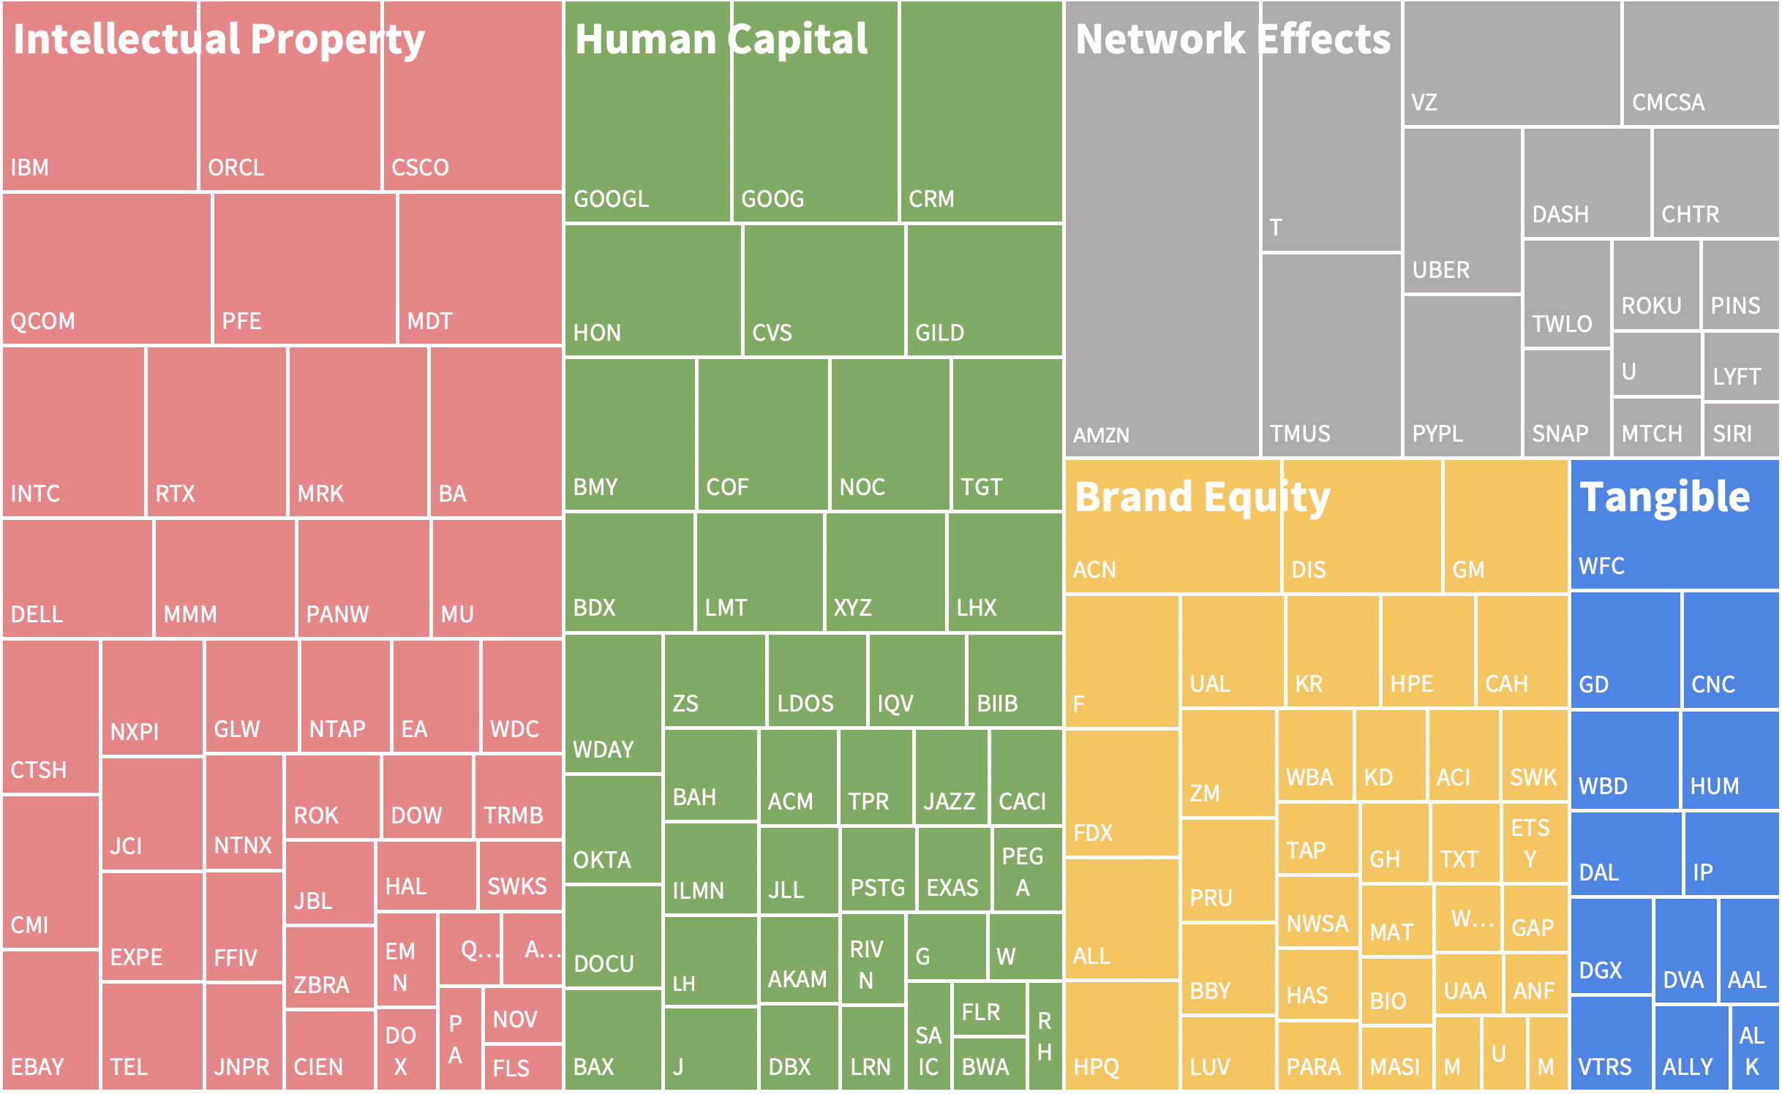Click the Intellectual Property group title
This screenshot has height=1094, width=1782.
(x=219, y=39)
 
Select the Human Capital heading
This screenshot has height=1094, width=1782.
(x=721, y=39)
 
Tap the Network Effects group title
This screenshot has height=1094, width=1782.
(x=1233, y=39)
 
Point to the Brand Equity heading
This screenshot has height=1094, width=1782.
(x=1202, y=498)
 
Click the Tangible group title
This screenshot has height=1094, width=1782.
(x=1664, y=498)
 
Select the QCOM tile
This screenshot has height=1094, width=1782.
(x=107, y=269)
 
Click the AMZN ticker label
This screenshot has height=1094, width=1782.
(x=1101, y=436)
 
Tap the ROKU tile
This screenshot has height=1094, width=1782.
(x=1655, y=285)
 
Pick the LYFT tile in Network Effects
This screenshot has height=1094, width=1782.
(x=1740, y=366)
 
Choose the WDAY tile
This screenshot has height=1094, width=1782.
(x=613, y=703)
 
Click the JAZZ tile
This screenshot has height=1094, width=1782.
(x=950, y=777)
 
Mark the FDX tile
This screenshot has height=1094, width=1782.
(x=1121, y=793)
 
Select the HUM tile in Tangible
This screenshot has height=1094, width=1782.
(x=1729, y=761)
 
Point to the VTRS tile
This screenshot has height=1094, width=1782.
(x=1610, y=1043)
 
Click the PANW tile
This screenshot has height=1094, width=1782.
(x=364, y=578)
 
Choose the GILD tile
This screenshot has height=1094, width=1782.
(x=984, y=290)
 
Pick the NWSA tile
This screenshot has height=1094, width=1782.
(x=1317, y=912)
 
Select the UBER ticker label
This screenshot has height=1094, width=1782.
(x=1440, y=271)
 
